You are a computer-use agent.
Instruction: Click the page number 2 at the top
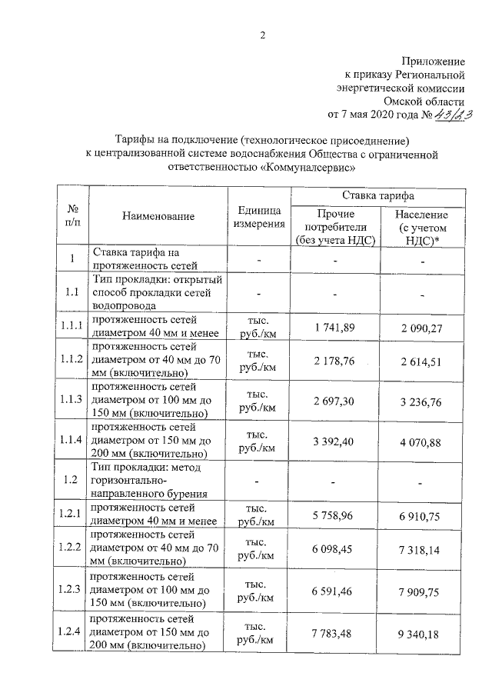tap(261, 35)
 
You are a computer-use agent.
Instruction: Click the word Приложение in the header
tap(434, 60)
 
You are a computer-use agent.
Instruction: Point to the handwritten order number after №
tap(454, 115)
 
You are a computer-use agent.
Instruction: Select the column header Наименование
tap(158, 218)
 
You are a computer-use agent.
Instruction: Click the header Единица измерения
tap(258, 218)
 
